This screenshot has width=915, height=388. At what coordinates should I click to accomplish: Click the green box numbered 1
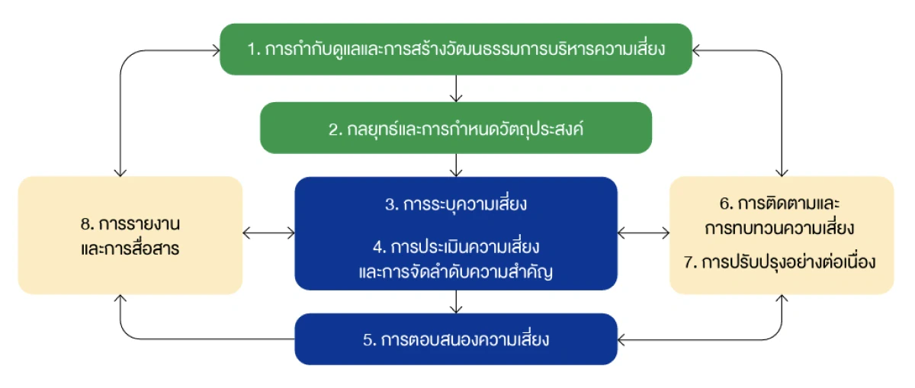pos(456,50)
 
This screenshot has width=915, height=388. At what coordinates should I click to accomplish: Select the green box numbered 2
pos(456,129)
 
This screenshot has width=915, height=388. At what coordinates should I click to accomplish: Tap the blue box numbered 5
pos(456,339)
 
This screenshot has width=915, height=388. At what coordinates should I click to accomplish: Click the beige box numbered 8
pos(130,236)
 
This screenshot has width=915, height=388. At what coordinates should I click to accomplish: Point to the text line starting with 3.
pos(456,205)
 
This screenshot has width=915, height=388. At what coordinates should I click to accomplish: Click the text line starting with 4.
pos(456,248)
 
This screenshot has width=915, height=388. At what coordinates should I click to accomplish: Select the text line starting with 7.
pos(780,262)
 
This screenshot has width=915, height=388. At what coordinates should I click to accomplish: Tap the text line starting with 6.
pos(780,207)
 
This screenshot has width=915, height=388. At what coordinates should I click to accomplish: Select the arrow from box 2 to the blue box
pos(456,165)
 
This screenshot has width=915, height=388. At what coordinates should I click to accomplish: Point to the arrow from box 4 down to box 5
pos(456,302)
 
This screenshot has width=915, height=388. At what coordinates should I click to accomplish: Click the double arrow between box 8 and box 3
pos(268,232)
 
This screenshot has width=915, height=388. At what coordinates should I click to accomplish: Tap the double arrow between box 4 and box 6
pos(643,232)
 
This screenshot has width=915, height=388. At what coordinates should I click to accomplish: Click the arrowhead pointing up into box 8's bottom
pos(121,300)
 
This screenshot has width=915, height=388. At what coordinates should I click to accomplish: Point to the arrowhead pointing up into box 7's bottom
pos(782,300)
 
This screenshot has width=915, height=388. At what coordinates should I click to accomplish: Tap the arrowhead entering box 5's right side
pos(622,338)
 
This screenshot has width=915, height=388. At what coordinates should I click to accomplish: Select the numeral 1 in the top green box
pos(251,50)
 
